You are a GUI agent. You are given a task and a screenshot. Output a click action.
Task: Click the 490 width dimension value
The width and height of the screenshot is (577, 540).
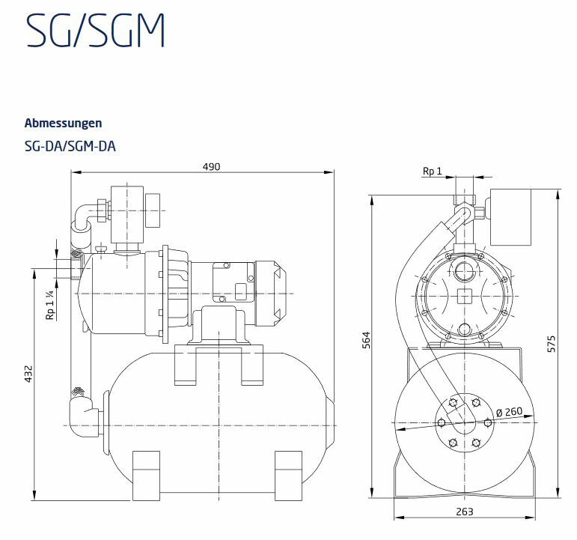coord(211,167)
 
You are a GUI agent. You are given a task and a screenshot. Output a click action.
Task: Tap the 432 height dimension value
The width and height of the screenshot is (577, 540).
coord(28,374)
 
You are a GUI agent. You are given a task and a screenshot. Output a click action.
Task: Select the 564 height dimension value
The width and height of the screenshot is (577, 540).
coord(367,340)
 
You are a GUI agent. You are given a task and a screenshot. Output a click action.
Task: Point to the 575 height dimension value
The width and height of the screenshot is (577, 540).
coord(551,344)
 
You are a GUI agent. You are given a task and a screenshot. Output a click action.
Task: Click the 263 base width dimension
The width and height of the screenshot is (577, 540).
coord(465,512)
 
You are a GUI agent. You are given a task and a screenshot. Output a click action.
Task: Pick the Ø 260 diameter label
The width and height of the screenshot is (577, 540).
coord(510,411)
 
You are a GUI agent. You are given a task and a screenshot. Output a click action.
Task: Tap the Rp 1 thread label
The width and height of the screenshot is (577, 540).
coord(432,172)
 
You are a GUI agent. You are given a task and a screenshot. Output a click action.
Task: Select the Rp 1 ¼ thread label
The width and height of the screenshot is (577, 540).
coord(49,305)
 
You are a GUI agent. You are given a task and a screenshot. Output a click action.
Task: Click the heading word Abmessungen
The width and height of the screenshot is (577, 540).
coord(64,123)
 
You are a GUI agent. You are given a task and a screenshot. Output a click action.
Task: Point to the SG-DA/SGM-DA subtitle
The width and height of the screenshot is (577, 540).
coord(70,147)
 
